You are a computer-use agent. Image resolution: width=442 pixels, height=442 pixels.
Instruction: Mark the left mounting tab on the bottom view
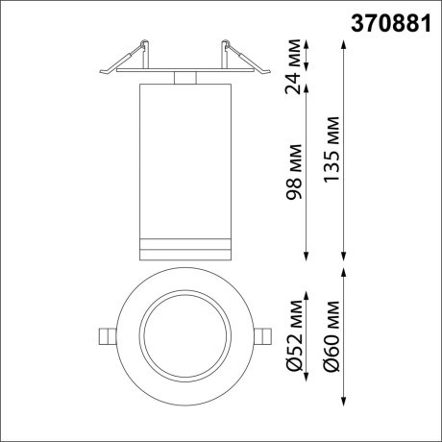click(x=104, y=334)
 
